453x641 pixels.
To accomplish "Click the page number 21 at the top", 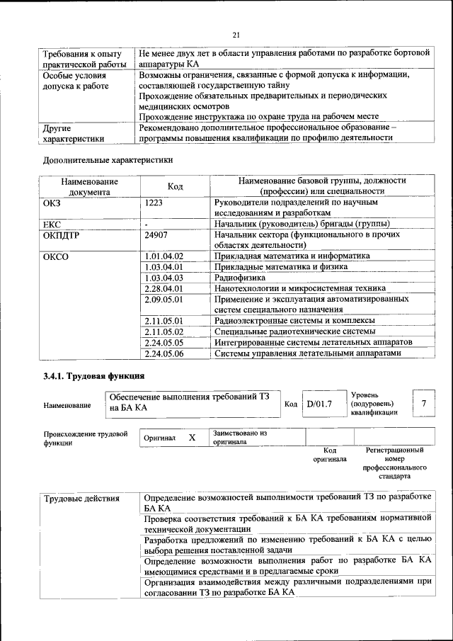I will tap(236, 35).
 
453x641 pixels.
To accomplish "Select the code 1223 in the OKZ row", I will tap(154, 203).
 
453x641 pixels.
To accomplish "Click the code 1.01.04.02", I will tap(164, 256).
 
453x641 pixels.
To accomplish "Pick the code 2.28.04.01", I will tap(164, 288).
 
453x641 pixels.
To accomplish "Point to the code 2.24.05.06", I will tap(164, 353).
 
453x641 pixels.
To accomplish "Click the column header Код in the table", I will tap(176, 186).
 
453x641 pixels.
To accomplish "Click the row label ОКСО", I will tap(56, 256).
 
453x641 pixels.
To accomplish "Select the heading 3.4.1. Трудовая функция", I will tap(94, 375).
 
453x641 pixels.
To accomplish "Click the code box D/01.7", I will tap(319, 404).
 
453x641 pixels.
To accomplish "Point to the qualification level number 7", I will tap(423, 403).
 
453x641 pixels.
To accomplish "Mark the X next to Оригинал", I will tap(192, 438).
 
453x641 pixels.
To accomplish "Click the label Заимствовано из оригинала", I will tap(239, 436).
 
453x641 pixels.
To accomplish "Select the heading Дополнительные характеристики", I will tap(108, 160).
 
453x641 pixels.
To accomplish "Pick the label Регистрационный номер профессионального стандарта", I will tap(394, 463).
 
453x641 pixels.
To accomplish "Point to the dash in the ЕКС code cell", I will tap(147, 224).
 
